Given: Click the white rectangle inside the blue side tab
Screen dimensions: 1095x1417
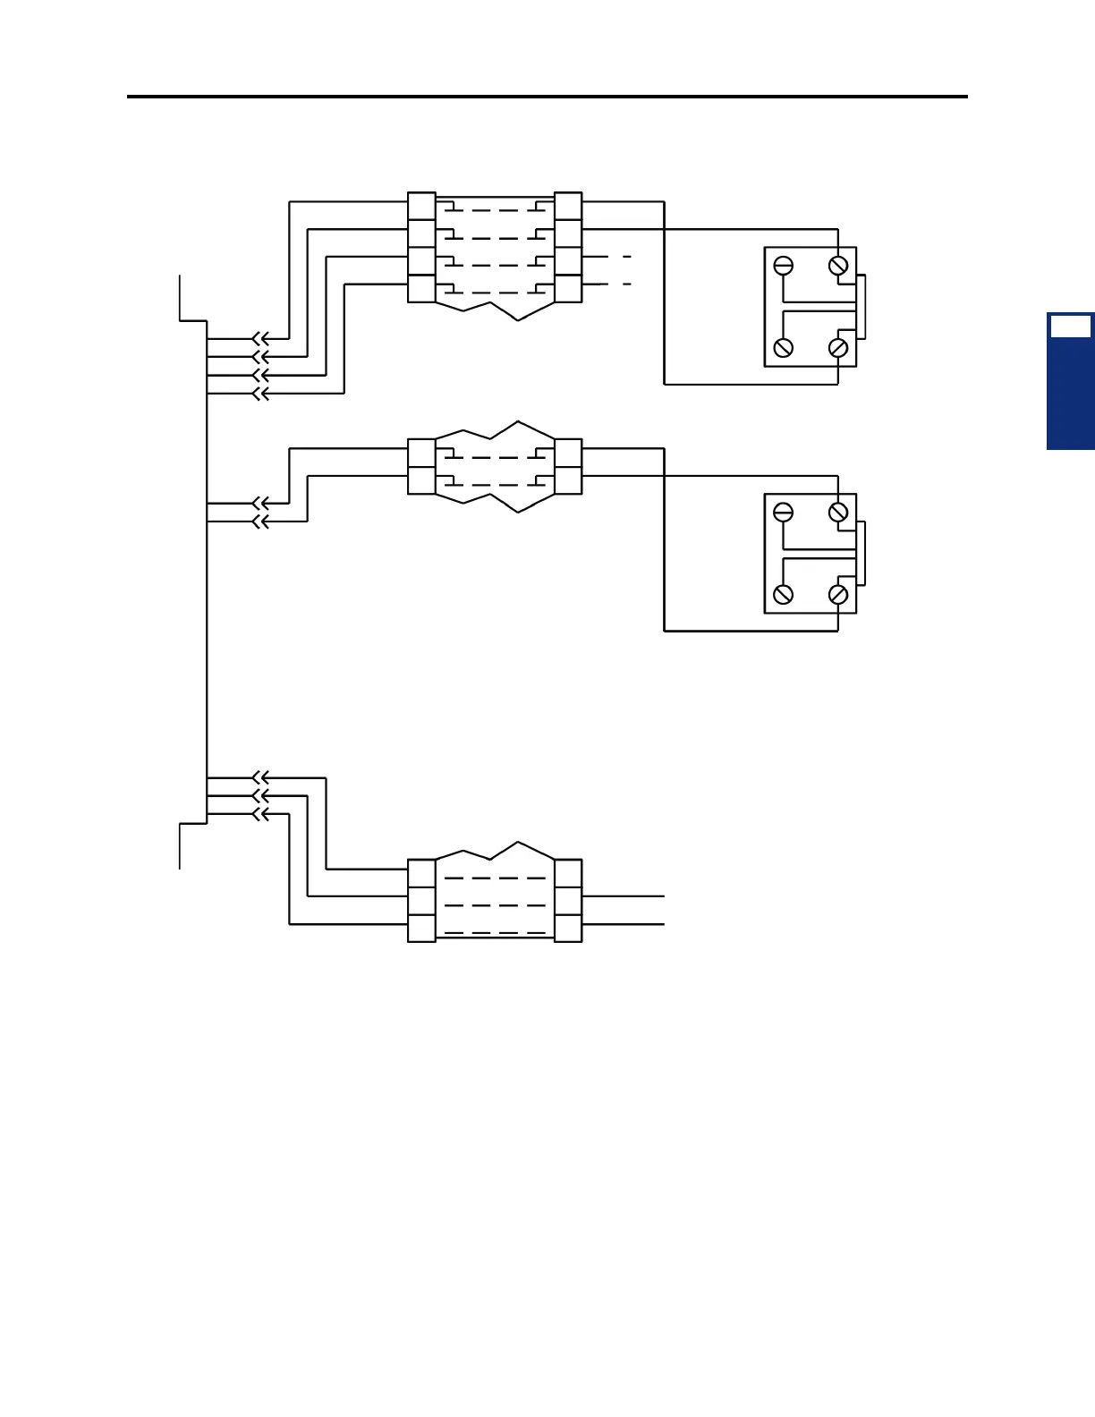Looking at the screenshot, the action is click(x=1070, y=327).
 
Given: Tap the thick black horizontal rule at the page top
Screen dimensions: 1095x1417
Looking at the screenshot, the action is click(x=547, y=96).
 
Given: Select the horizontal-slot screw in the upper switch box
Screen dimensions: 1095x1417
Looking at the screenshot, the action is click(x=784, y=266).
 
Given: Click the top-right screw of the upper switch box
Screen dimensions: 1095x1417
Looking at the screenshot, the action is click(x=838, y=266).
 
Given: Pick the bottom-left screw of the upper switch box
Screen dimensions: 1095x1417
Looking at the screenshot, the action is click(x=784, y=348).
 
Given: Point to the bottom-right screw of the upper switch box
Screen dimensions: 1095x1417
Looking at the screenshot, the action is click(x=838, y=348).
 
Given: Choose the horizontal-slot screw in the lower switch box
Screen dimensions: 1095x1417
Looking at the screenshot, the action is click(x=784, y=513).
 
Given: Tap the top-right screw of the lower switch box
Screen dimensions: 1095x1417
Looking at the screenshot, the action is click(x=838, y=513).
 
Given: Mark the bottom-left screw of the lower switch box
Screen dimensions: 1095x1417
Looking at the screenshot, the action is click(x=784, y=595).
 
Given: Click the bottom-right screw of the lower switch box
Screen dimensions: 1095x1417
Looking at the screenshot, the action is click(x=838, y=595).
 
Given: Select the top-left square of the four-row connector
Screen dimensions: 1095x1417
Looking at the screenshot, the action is click(x=421, y=206).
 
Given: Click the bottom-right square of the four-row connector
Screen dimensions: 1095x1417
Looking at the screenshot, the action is click(x=568, y=289).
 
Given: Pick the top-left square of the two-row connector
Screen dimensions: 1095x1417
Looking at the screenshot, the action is click(x=421, y=453).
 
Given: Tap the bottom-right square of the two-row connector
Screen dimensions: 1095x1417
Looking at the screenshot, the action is click(x=568, y=480).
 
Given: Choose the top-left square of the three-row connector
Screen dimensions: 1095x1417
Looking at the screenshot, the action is click(x=421, y=873).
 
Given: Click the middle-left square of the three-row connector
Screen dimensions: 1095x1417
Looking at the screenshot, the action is click(x=421, y=901).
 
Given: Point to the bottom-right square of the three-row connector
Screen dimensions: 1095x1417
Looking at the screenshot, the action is click(x=568, y=929).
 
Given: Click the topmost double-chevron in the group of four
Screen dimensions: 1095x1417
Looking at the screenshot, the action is click(x=260, y=339).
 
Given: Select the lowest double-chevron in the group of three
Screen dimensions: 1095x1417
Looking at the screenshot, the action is click(x=260, y=814).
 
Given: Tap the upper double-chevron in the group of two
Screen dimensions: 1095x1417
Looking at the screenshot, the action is click(x=260, y=504).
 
